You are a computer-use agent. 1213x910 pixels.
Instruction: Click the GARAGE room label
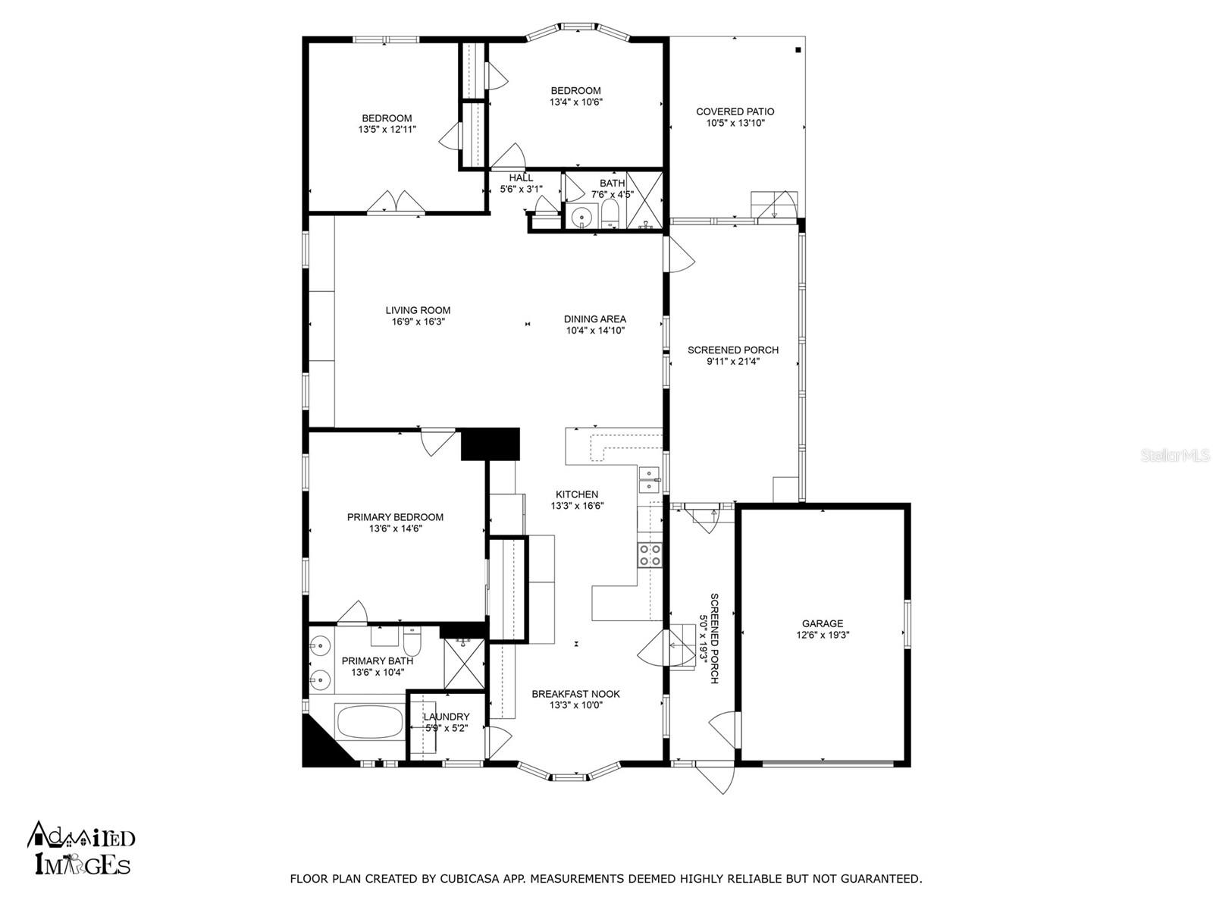pyautogui.click(x=823, y=623)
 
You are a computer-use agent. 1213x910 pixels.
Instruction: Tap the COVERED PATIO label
pyautogui.click(x=735, y=111)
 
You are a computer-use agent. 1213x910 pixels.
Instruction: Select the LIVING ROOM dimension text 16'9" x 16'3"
pyautogui.click(x=418, y=322)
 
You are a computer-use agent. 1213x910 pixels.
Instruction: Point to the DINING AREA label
pyautogui.click(x=594, y=318)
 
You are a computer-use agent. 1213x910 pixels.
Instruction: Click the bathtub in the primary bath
pyautogui.click(x=370, y=722)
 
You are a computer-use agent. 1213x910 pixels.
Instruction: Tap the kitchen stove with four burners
pyautogui.click(x=650, y=554)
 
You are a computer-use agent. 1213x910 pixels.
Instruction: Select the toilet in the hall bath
pyautogui.click(x=610, y=214)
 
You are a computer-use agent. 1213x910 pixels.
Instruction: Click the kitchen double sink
pyautogui.click(x=649, y=479)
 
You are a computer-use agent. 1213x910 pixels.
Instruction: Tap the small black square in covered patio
pyautogui.click(x=798, y=50)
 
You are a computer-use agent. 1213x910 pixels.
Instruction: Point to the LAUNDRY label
pyautogui.click(x=447, y=717)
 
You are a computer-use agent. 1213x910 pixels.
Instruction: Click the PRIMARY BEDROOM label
pyautogui.click(x=395, y=517)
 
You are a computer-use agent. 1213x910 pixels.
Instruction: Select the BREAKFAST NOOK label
pyautogui.click(x=576, y=694)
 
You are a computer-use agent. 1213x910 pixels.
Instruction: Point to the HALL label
pyautogui.click(x=521, y=178)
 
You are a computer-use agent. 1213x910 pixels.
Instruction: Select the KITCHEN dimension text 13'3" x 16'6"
pyautogui.click(x=577, y=506)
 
